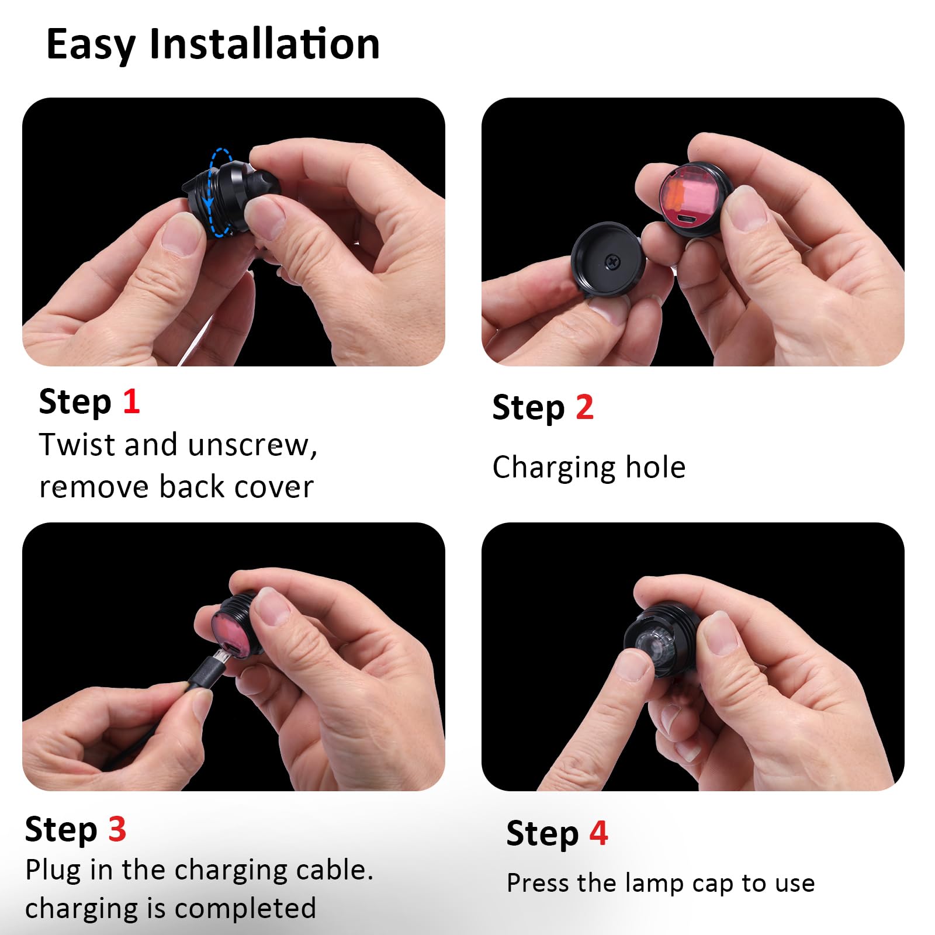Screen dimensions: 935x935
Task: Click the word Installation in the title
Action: click(x=265, y=44)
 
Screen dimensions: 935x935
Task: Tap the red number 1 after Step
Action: click(x=131, y=401)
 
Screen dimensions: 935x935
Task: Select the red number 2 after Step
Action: click(x=584, y=407)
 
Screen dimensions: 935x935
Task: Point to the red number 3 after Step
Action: click(x=117, y=829)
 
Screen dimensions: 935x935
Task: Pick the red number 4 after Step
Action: click(x=598, y=833)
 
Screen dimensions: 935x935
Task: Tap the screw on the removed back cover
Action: click(x=612, y=262)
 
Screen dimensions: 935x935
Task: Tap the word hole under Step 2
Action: click(x=655, y=467)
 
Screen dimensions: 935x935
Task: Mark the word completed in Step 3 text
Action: click(x=245, y=909)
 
